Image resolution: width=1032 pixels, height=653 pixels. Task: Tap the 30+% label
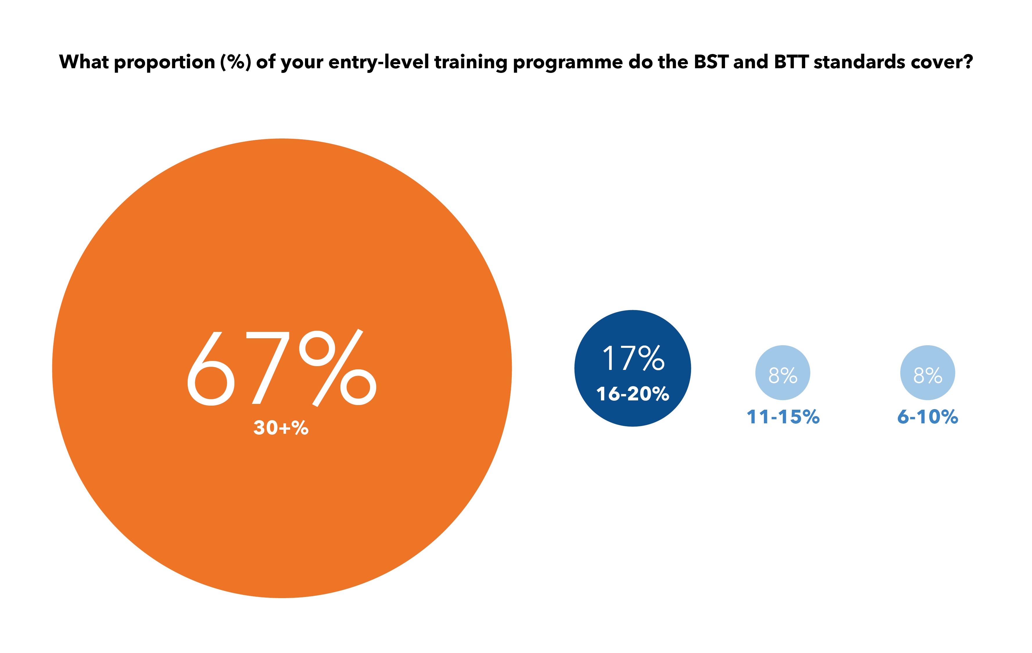[281, 428]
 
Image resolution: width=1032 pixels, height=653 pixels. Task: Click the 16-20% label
[633, 394]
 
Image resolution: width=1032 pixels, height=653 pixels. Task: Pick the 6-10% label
[927, 417]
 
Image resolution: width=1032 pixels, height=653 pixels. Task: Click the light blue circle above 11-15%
[782, 373]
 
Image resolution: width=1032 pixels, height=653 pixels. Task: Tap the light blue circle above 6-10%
[927, 373]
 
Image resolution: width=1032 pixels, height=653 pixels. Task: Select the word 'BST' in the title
[711, 62]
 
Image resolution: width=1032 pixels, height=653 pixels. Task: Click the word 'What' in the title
[84, 62]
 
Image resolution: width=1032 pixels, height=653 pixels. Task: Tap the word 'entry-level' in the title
[378, 62]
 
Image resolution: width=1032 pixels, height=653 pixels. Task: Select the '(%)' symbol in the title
[235, 62]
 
